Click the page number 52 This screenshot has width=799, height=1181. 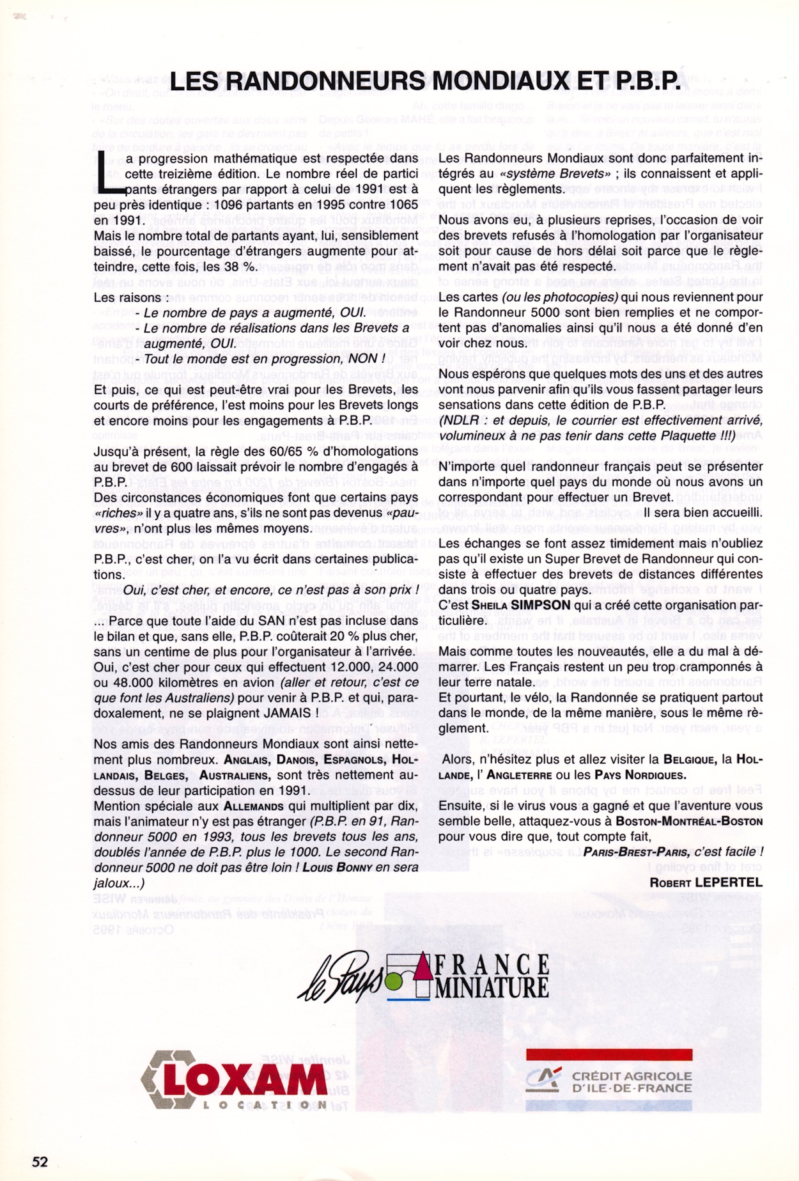click(40, 1161)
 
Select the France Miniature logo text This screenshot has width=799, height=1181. click(491, 976)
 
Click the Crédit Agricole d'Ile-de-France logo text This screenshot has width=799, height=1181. click(632, 1082)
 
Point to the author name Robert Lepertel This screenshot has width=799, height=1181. click(706, 882)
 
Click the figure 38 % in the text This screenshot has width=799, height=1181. click(240, 266)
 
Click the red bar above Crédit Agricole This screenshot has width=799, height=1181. click(609, 1054)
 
